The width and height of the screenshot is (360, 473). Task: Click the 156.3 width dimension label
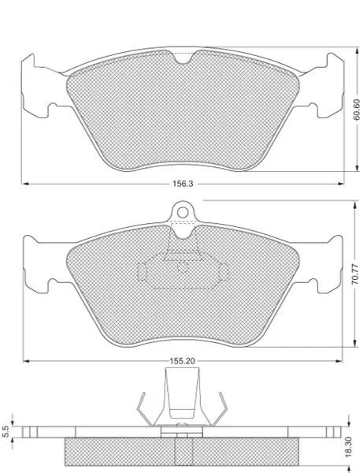click(183, 184)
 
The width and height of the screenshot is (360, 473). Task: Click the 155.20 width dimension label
click(183, 361)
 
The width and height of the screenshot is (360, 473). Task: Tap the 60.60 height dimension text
click(357, 110)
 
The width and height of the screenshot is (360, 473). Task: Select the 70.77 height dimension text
click(356, 274)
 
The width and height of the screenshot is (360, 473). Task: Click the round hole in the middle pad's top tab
click(183, 213)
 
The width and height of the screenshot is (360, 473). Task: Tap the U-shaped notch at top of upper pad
click(184, 58)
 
